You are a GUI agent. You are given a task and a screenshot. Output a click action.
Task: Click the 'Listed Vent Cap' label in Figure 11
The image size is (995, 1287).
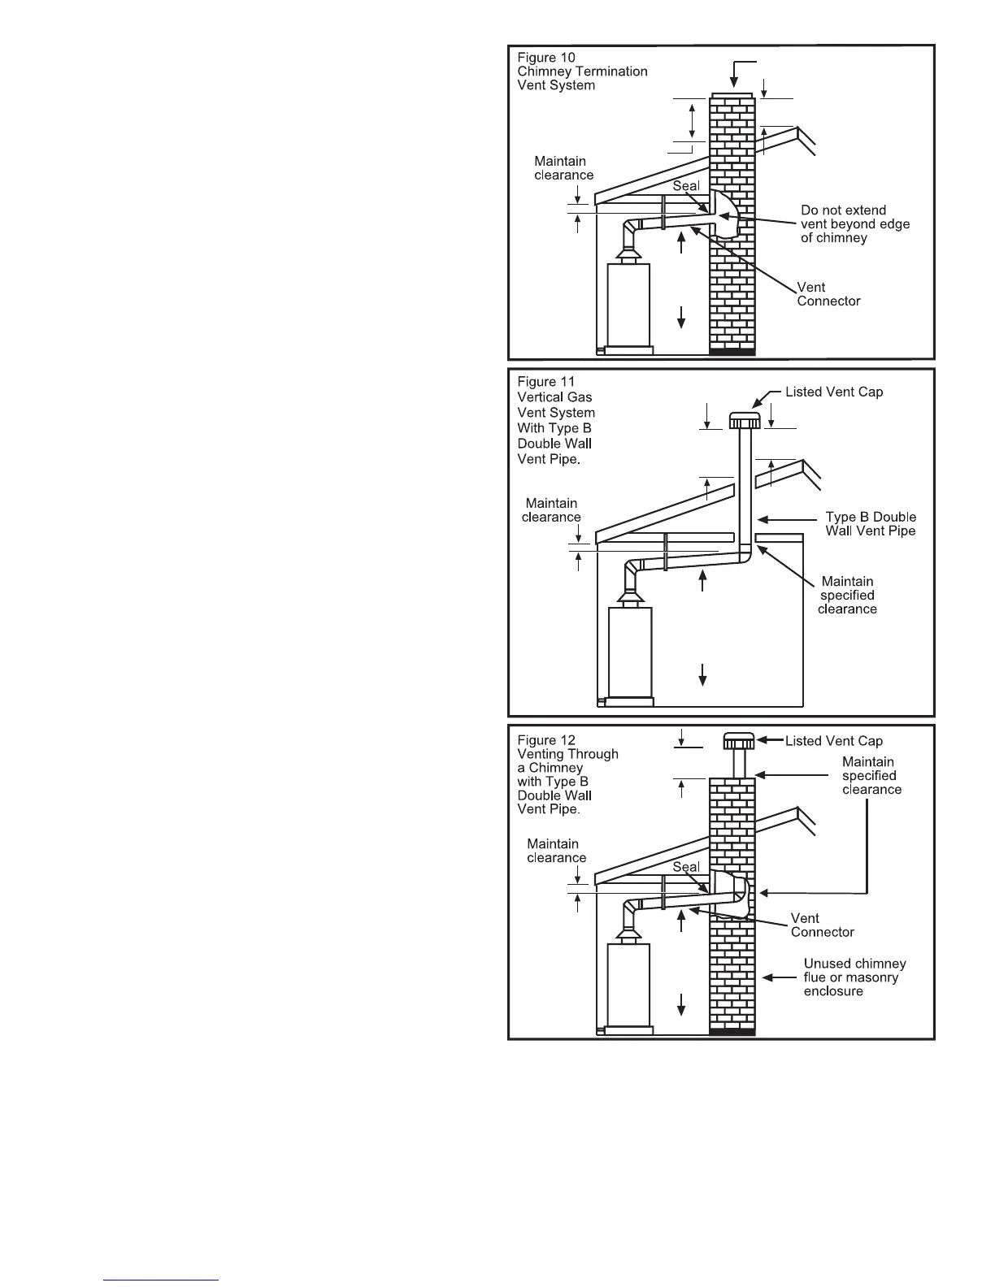(x=833, y=392)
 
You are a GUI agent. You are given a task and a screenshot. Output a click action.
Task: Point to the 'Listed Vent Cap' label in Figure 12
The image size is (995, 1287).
(x=833, y=741)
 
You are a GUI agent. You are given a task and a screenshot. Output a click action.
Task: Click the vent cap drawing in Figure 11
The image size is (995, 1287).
(x=744, y=421)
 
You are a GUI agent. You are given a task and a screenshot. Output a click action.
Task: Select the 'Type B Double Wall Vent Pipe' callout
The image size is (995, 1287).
(x=870, y=524)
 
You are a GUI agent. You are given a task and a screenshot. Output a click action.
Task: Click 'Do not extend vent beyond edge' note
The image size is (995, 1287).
(x=854, y=224)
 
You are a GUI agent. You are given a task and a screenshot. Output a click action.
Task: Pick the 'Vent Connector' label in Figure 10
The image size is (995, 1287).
(x=828, y=294)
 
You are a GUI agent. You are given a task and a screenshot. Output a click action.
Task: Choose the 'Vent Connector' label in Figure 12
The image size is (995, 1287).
(x=822, y=925)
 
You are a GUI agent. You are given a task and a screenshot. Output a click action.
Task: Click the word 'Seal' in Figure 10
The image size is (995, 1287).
(x=686, y=186)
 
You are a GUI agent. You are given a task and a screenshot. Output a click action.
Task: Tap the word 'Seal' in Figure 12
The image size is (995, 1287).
(x=686, y=867)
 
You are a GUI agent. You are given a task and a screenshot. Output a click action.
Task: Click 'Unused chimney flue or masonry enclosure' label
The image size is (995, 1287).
(x=854, y=977)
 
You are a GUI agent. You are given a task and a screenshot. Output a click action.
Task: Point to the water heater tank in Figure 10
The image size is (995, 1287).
(x=628, y=305)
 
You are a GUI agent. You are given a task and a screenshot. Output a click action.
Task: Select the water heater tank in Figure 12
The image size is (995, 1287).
(x=628, y=985)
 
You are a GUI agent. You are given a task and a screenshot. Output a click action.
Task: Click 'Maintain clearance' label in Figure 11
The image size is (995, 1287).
(x=551, y=510)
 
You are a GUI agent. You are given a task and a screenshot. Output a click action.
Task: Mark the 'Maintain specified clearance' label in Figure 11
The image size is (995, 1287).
(x=847, y=596)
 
